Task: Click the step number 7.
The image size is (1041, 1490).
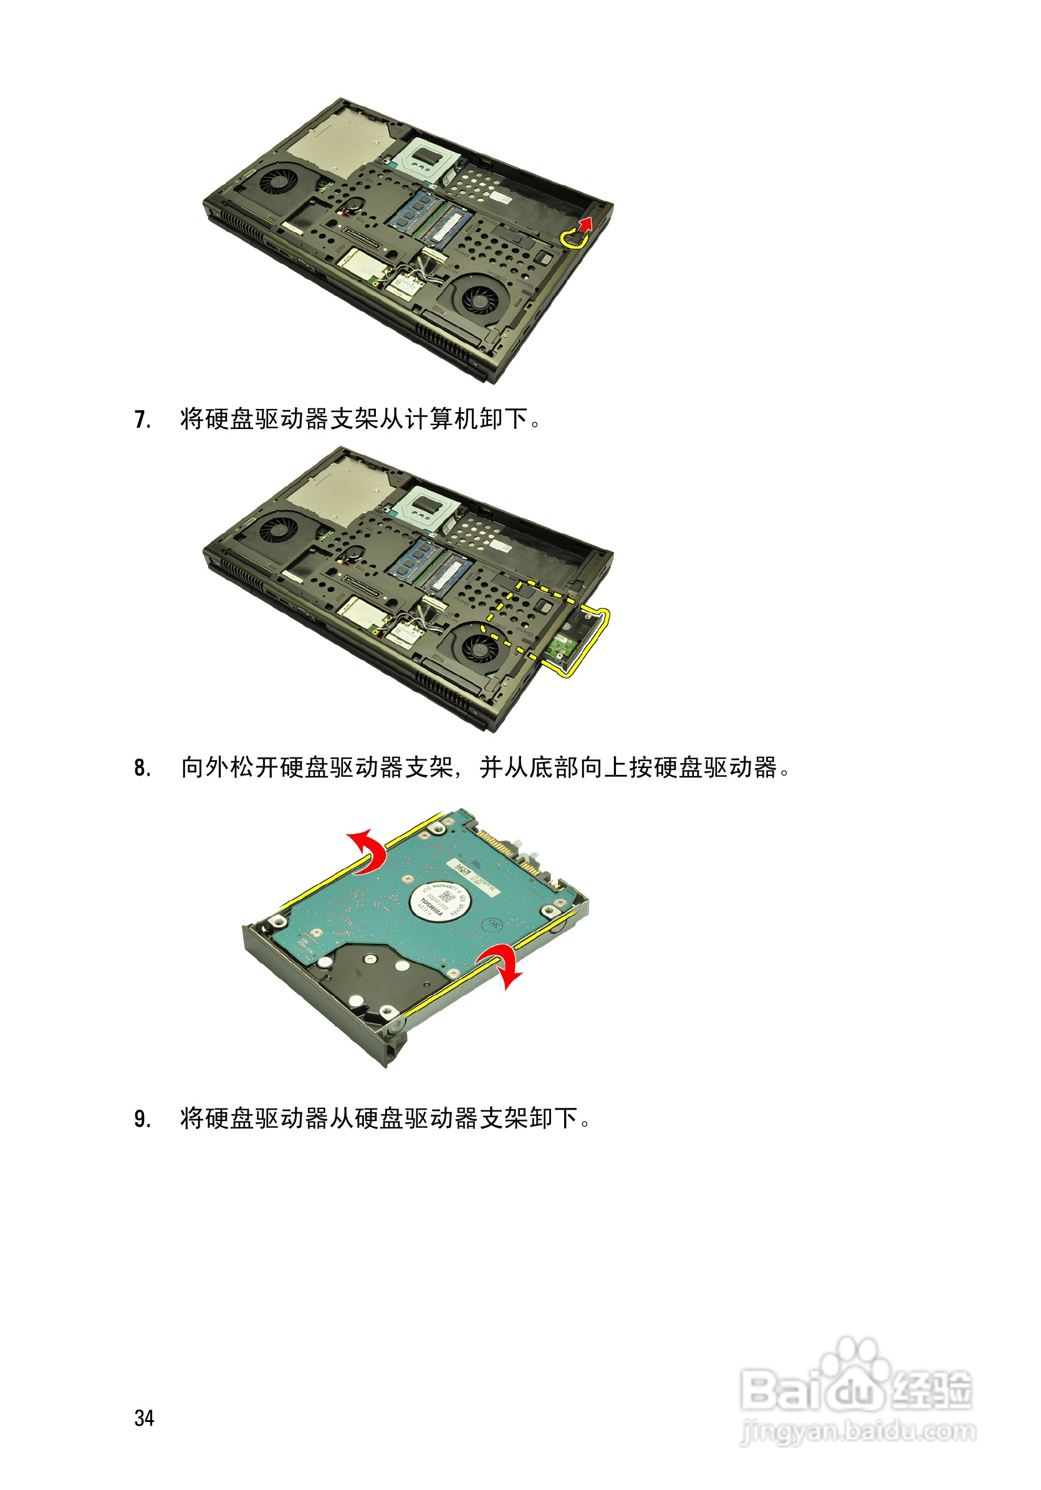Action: click(x=142, y=420)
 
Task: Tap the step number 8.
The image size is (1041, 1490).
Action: click(x=142, y=768)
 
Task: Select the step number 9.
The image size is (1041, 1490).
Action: click(x=142, y=1119)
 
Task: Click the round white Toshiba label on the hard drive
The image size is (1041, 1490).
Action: click(x=436, y=901)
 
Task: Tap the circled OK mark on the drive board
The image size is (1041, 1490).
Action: click(x=492, y=923)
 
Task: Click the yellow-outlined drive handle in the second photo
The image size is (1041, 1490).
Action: click(x=584, y=643)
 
